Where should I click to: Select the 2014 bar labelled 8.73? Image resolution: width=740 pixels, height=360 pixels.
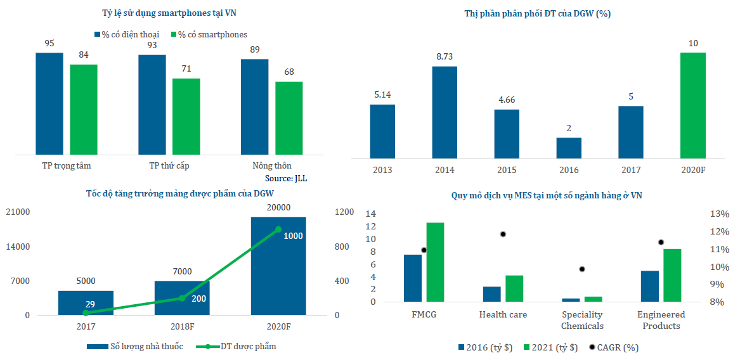point(445,112)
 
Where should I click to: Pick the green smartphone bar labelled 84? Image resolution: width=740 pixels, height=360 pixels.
point(84,109)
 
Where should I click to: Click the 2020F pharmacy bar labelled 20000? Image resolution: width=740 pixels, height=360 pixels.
point(278,266)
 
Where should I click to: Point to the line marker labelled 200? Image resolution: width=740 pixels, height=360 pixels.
point(182,298)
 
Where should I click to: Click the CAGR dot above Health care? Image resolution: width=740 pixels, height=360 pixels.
point(503,234)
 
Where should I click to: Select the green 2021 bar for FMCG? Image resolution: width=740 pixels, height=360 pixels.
point(435,262)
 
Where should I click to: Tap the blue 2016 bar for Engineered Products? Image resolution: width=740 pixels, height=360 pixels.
point(650,286)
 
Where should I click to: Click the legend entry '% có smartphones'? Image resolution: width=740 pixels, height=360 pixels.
point(208,34)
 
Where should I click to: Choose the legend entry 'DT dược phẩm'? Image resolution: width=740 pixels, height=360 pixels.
point(237,346)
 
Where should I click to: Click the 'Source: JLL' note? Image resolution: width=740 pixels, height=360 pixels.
point(285,178)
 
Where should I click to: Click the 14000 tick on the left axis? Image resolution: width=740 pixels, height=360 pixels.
point(18,247)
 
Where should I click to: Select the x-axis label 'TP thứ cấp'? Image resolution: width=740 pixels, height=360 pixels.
point(169,165)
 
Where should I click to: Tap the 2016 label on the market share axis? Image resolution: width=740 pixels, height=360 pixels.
point(569,170)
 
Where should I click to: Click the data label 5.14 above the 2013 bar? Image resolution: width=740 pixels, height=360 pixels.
point(382,95)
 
